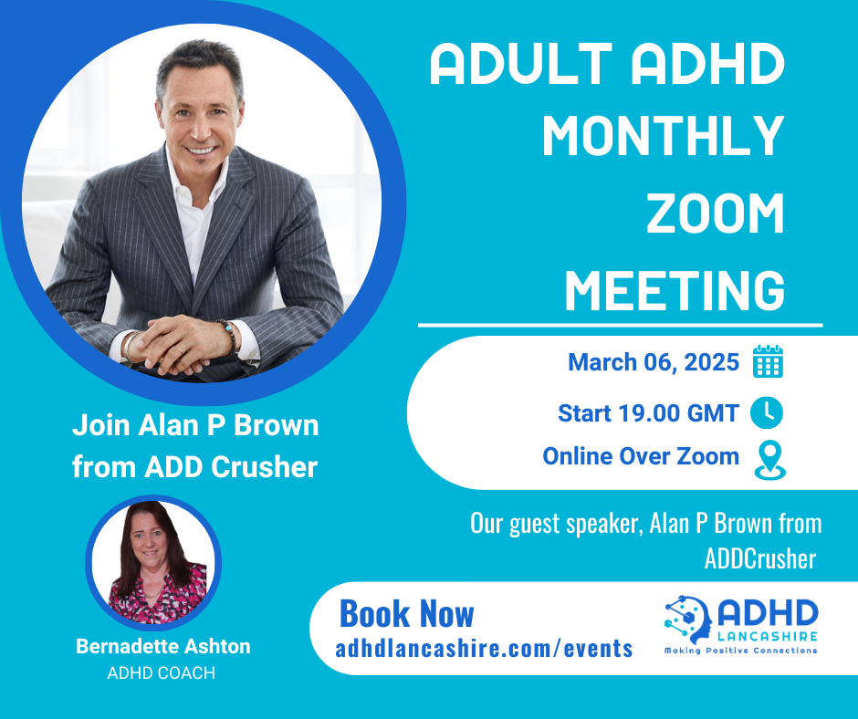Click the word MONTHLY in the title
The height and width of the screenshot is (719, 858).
click(664, 136)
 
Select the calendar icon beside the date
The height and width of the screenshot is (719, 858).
click(768, 362)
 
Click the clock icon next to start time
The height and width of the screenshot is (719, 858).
click(767, 413)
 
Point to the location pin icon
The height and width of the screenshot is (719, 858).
click(769, 461)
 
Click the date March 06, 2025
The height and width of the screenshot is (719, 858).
click(654, 362)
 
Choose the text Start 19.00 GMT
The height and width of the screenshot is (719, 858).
click(648, 413)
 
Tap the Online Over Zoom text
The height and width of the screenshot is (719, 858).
click(641, 456)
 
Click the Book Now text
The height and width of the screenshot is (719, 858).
click(407, 614)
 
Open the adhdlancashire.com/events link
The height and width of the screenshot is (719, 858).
click(484, 648)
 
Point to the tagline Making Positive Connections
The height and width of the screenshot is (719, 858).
click(740, 651)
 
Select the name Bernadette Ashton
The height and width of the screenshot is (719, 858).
click(162, 647)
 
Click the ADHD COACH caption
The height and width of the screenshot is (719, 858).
click(162, 673)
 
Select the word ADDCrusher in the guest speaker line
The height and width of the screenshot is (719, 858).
click(759, 557)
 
